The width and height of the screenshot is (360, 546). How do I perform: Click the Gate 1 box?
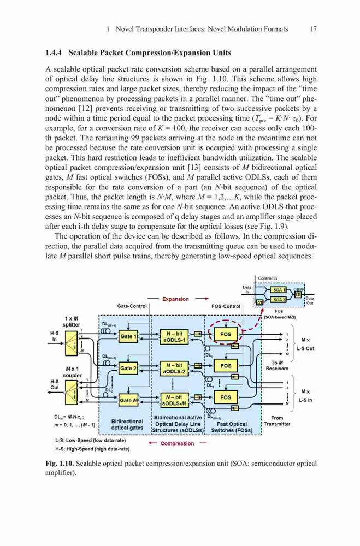[x=128, y=336]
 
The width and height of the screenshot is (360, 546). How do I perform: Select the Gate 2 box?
[x=128, y=368]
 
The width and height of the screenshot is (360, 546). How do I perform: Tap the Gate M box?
[x=128, y=400]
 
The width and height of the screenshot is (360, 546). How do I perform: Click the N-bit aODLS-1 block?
[x=174, y=337]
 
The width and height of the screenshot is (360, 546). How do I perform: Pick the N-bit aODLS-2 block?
[x=174, y=369]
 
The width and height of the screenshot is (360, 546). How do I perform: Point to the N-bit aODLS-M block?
[x=174, y=400]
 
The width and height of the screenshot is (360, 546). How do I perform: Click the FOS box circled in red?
[x=226, y=334]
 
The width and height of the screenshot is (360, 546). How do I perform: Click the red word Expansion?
[x=175, y=299]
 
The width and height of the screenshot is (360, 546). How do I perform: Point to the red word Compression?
[x=177, y=443]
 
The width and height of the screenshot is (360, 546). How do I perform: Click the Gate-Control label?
[x=132, y=306]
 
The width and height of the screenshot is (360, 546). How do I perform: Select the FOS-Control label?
[x=226, y=306]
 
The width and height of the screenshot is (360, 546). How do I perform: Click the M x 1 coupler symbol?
[x=72, y=393]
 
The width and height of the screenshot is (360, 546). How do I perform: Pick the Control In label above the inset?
[x=268, y=278]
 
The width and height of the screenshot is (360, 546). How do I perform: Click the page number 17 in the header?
[x=314, y=29]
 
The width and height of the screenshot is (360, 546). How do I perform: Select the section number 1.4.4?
[x=54, y=53]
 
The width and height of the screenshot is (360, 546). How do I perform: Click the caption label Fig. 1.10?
[x=59, y=464]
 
